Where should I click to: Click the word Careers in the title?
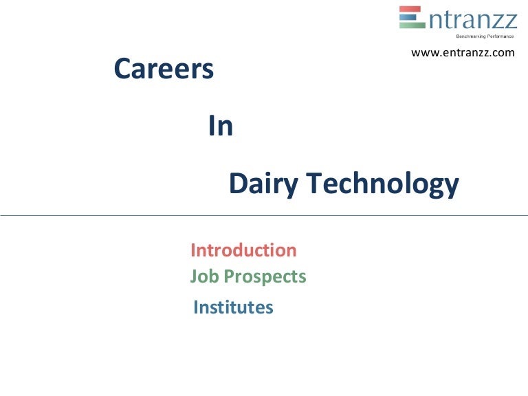164,69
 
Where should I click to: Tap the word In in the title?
220,127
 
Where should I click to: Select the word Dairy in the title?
263,185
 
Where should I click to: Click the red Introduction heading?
243,250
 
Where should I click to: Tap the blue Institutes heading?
233,307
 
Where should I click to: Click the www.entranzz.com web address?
462,53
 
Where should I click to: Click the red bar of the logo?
412,9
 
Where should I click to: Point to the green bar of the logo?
412,25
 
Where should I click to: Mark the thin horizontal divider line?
264,215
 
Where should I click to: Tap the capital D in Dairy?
237,184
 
